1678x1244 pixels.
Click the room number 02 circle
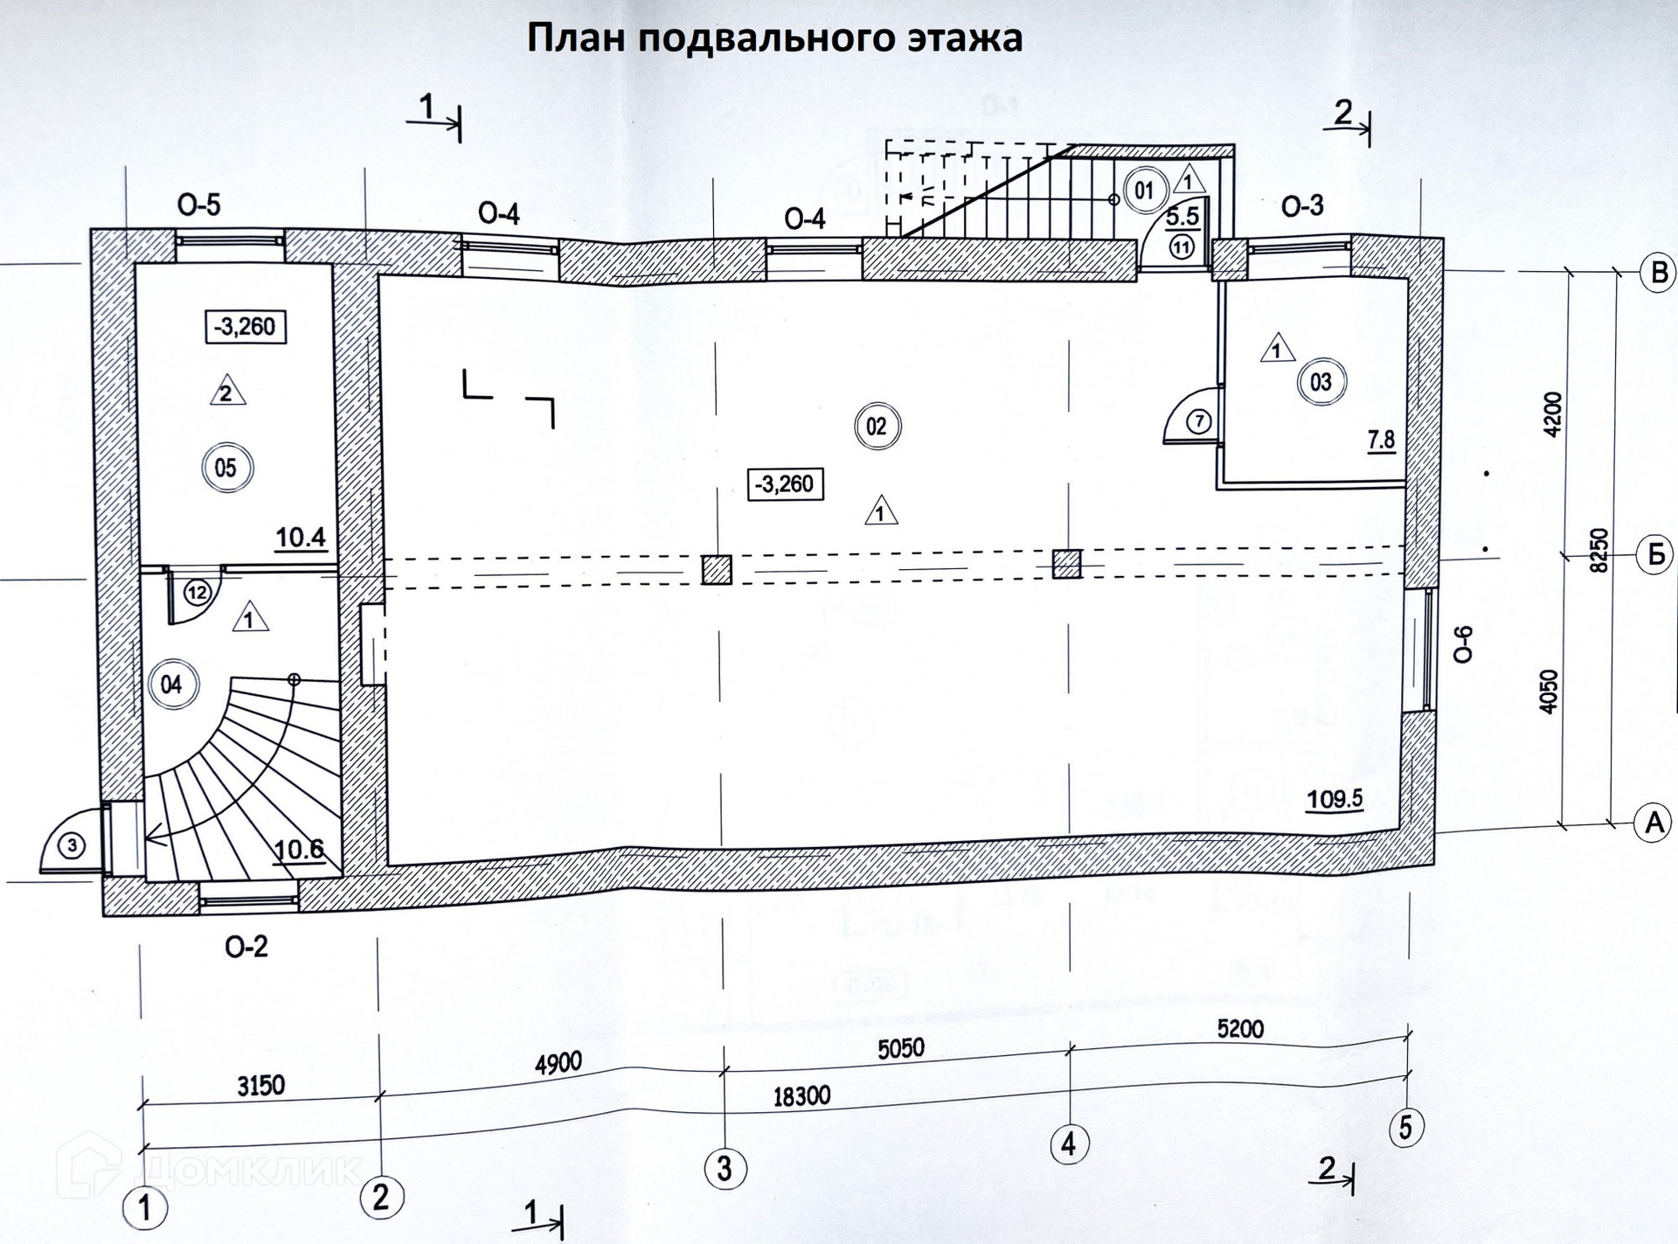877,427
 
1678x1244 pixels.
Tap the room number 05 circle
225,469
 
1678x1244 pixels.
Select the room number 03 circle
1321,382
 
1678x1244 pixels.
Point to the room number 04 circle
171,685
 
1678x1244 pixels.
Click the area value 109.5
1335,798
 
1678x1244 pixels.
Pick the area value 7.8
1381,440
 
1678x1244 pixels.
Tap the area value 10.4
301,537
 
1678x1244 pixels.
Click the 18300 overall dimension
801,1096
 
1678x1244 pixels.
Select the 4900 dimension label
558,1064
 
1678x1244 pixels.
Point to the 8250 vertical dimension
1598,550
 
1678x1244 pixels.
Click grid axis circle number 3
725,1168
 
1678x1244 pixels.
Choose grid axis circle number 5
1405,1127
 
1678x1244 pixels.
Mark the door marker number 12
198,593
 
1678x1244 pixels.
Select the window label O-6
1463,644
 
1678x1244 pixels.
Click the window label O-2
246,947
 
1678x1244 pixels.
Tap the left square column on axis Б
717,570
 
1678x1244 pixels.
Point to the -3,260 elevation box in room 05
245,327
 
